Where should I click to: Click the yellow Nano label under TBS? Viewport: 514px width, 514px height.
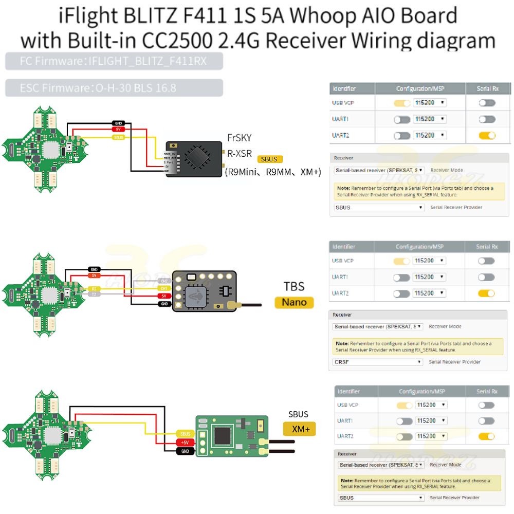click(x=294, y=302)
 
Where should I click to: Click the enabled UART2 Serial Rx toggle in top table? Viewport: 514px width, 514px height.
click(x=487, y=135)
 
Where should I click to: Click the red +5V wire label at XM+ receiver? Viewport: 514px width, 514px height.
click(x=185, y=443)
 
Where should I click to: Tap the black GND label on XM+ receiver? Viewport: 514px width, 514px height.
click(x=185, y=451)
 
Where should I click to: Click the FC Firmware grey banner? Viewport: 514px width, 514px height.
click(x=114, y=62)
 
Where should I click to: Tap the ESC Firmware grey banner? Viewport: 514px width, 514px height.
click(x=114, y=88)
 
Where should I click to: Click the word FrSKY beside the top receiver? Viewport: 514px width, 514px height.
click(x=239, y=138)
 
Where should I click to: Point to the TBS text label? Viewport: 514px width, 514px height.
click(x=294, y=286)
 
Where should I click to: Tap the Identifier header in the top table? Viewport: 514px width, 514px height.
click(x=344, y=89)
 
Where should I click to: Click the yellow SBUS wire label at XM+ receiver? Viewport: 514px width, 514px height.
click(x=185, y=434)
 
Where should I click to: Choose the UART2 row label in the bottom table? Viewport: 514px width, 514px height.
click(x=347, y=436)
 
